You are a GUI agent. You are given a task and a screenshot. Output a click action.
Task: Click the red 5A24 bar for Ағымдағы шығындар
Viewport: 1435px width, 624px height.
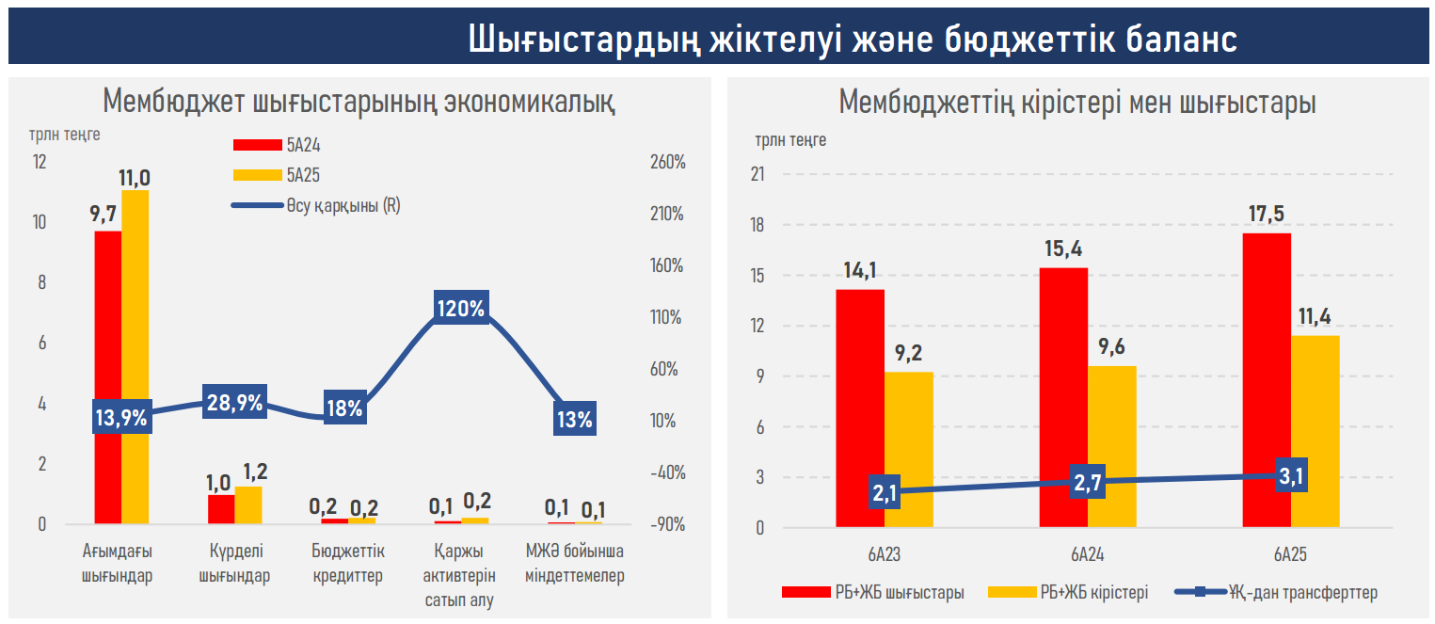[107, 376]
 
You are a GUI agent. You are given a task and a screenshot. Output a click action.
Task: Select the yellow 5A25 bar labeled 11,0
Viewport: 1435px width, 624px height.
[135, 358]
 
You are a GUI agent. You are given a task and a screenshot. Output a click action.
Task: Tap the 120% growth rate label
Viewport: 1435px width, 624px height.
[460, 309]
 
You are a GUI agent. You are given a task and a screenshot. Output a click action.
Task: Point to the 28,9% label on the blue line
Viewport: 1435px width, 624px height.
[235, 402]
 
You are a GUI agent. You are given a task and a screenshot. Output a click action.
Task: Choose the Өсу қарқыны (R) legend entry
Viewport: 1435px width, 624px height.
[343, 206]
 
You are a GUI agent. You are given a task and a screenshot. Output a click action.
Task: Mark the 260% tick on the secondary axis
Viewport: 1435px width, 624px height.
[666, 163]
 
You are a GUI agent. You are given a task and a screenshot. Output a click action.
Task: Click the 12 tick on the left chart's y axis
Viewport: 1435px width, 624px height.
[39, 162]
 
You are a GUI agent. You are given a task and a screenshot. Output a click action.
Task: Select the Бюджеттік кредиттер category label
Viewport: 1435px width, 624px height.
[347, 563]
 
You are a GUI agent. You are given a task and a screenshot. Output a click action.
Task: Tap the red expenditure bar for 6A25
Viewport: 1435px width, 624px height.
[1266, 380]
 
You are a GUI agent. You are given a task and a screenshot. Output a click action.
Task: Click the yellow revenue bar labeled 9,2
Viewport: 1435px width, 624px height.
[908, 449]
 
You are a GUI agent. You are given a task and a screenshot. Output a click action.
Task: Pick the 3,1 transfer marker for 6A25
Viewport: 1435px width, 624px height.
[1290, 477]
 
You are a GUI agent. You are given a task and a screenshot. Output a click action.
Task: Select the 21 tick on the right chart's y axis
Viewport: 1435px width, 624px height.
[757, 175]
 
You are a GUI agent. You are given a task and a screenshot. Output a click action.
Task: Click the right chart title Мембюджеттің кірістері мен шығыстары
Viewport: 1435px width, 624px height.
[1077, 102]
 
